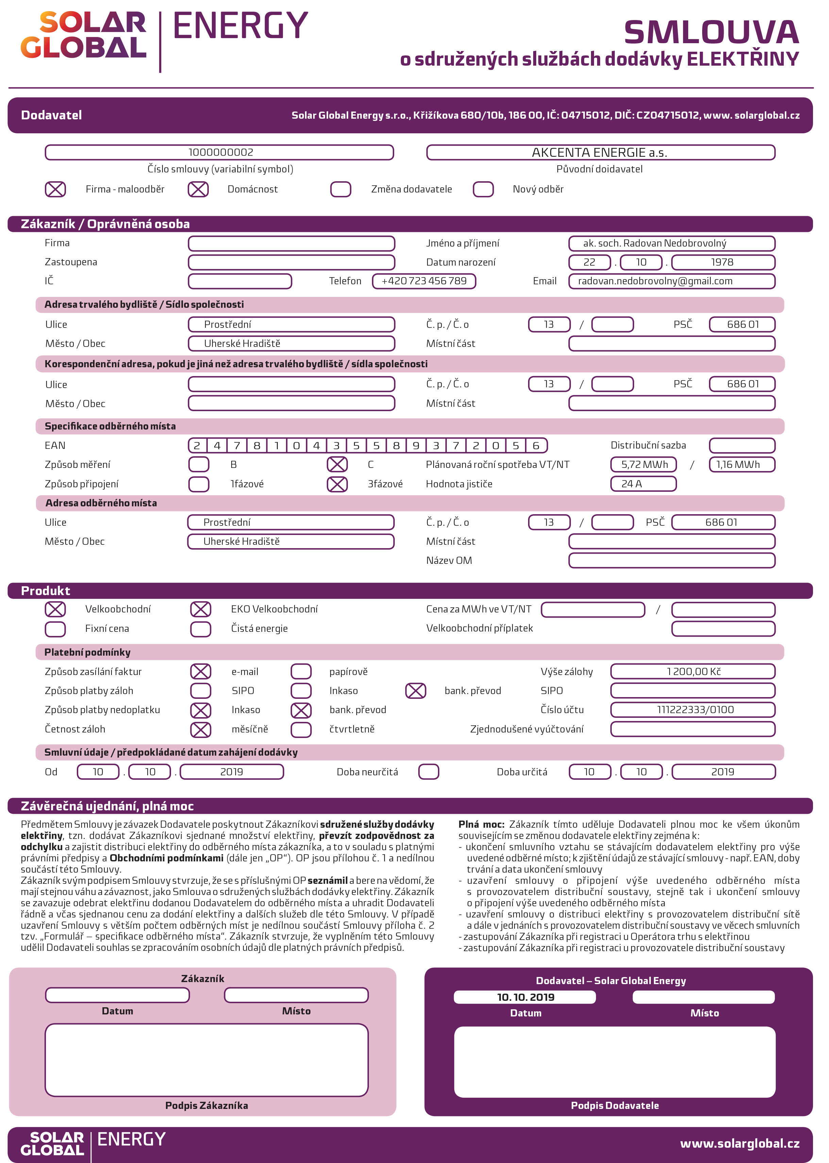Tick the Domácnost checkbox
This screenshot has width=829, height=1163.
point(198,189)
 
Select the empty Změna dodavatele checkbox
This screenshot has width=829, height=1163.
point(340,189)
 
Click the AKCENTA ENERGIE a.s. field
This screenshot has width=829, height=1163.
point(600,152)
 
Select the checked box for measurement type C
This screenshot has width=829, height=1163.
point(337,465)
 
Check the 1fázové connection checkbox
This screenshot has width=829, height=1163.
point(199,484)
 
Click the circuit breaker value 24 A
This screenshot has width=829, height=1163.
point(643,484)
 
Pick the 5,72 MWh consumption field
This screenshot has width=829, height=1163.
point(643,465)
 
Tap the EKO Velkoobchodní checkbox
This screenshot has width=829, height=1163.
point(201,609)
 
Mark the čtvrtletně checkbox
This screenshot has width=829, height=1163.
point(301,729)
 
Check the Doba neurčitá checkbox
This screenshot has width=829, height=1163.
point(429,772)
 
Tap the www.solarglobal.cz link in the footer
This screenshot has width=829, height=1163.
point(740,1144)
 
